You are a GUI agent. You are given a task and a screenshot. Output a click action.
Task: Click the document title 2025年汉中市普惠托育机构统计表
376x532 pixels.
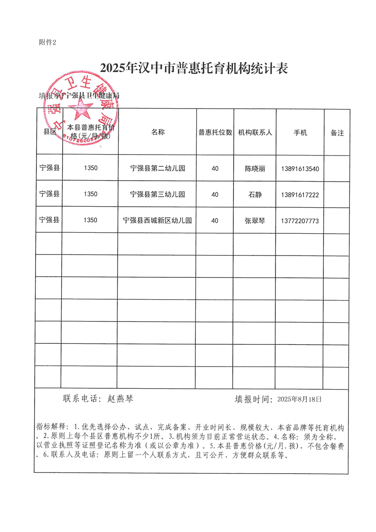[194, 69]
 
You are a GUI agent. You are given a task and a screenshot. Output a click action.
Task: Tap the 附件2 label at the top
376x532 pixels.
[47, 42]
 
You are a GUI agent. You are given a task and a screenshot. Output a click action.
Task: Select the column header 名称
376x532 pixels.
[158, 132]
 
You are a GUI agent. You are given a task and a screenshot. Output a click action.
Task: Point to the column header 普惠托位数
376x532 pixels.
[215, 132]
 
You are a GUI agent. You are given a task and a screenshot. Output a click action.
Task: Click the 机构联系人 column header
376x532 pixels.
[255, 132]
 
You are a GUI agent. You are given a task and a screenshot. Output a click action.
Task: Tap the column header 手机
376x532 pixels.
[300, 132]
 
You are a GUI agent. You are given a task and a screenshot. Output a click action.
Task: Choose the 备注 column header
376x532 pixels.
[337, 133]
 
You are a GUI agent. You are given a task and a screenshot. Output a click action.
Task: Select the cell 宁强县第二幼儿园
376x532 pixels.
[157, 168]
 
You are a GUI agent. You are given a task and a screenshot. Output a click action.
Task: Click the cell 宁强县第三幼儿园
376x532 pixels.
[157, 194]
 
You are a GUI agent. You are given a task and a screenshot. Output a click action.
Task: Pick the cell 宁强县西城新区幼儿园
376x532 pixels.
[157, 220]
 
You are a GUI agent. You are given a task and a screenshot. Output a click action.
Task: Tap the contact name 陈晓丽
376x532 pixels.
[255, 168]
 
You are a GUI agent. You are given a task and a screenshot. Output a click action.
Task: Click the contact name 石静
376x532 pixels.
[255, 194]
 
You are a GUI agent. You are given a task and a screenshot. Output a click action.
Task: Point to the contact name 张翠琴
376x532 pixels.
[255, 220]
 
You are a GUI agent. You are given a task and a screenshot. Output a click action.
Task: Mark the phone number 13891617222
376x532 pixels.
[300, 194]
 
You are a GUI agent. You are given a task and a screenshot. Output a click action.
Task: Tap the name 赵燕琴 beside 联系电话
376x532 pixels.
[121, 399]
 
